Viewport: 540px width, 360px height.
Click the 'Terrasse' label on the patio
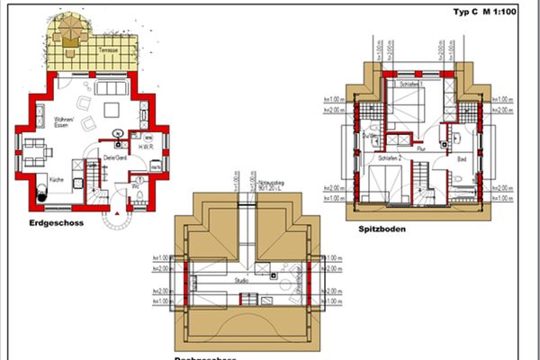(x=111, y=50)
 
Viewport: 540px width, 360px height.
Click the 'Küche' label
(x=55, y=180)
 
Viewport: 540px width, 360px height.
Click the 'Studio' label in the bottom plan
(x=242, y=282)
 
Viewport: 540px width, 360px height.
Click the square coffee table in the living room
(x=112, y=109)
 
